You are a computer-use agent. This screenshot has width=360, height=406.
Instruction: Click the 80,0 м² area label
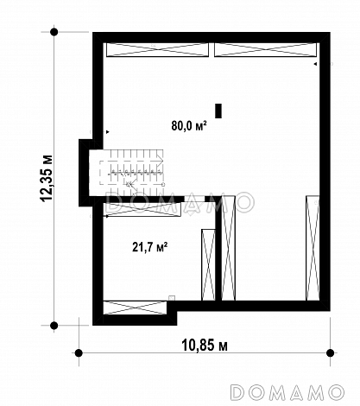[189, 125]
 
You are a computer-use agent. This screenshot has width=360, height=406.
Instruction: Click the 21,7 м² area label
[150, 247]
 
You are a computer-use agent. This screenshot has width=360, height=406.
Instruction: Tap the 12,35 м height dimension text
[47, 179]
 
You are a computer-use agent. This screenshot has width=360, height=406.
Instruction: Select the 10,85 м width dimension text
[205, 345]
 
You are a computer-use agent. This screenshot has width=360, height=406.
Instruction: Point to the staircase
[132, 172]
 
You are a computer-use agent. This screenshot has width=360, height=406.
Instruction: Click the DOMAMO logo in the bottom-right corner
[287, 392]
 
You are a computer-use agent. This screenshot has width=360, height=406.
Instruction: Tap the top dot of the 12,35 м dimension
[54, 32]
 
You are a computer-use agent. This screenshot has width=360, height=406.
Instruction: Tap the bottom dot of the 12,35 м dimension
[54, 326]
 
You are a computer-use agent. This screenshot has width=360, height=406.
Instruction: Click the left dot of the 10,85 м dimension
[79, 352]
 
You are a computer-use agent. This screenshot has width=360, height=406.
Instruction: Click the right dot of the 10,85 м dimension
[331, 352]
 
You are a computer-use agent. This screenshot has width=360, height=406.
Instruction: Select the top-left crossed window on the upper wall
[157, 50]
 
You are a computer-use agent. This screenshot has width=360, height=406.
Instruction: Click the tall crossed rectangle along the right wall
[313, 248]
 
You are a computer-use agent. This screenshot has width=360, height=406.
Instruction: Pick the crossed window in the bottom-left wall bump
[135, 308]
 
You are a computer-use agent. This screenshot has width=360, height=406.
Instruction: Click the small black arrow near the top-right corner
[315, 64]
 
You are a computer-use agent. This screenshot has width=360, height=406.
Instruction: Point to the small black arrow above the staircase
[108, 132]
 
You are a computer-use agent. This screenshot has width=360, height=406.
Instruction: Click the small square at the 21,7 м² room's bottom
[172, 298]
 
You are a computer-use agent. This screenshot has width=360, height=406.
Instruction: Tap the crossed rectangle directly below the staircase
[142, 209]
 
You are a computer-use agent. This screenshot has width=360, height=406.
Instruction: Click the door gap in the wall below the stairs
[194, 199]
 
